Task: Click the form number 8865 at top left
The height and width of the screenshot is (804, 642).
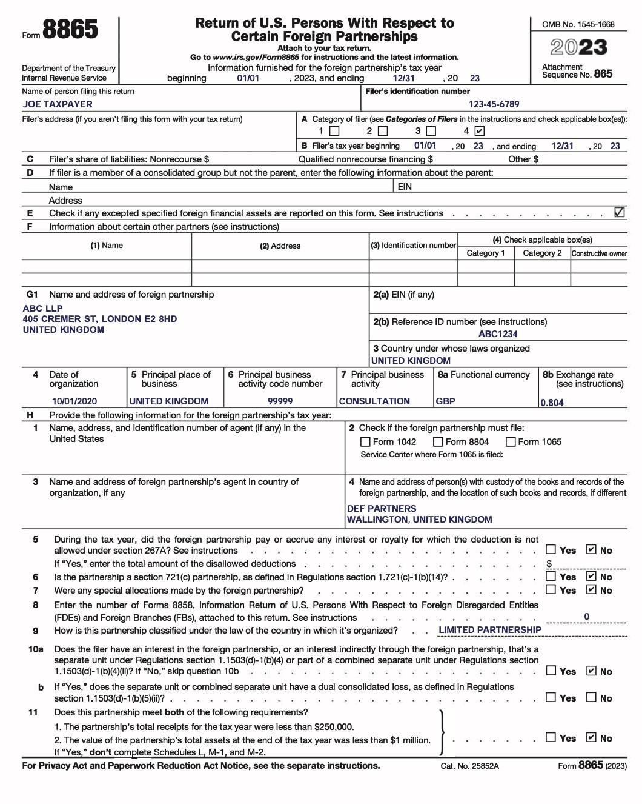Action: (x=70, y=30)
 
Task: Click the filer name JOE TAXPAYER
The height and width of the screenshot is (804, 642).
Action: (x=58, y=104)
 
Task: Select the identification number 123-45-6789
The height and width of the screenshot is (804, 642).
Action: (x=494, y=104)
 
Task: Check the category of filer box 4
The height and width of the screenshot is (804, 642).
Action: (x=479, y=131)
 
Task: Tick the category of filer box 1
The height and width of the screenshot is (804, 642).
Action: (x=334, y=131)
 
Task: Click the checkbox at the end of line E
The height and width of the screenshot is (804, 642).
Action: (x=619, y=213)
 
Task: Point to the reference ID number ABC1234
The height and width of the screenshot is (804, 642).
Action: (x=498, y=334)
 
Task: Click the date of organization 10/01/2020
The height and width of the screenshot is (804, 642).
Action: (x=74, y=401)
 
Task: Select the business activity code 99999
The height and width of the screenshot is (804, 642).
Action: (x=280, y=401)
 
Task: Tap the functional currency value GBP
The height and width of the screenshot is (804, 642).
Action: (x=445, y=401)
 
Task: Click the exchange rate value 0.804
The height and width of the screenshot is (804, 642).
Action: (x=552, y=403)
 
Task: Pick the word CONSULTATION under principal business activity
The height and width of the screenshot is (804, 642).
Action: (x=374, y=401)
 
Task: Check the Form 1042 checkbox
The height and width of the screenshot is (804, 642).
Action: (x=365, y=442)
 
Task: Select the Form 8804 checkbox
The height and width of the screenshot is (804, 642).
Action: (x=438, y=442)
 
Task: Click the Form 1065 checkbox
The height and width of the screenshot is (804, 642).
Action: (x=511, y=442)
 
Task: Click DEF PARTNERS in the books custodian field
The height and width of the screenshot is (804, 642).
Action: (x=382, y=509)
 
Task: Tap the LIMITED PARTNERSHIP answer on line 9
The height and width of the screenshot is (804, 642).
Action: (x=489, y=630)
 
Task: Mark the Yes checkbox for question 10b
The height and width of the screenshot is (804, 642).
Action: (x=551, y=697)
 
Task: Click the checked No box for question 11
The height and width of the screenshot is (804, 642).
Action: (x=591, y=737)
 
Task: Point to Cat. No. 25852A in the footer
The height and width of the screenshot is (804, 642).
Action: (x=469, y=766)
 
